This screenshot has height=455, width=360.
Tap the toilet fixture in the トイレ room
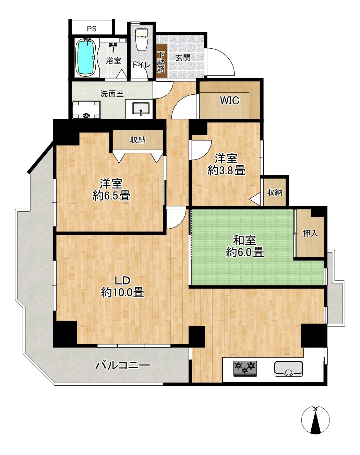tap(141, 39)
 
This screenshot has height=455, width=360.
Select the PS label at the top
tap(92, 28)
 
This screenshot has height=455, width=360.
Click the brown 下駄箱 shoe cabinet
tap(162, 61)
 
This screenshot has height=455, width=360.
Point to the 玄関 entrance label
tap(183, 58)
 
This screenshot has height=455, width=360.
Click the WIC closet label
tap(230, 101)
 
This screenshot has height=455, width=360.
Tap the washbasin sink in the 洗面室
tap(141, 109)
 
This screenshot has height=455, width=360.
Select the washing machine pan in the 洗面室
tap(86, 110)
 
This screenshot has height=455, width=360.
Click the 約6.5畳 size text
tap(111, 196)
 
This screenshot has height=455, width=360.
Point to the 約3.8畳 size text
tap(227, 171)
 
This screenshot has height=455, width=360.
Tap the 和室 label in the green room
tap(245, 240)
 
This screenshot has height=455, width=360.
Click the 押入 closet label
tap(310, 233)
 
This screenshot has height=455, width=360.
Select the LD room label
tap(122, 281)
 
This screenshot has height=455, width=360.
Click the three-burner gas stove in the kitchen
tap(245, 369)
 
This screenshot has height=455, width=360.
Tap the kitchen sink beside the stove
tap(288, 369)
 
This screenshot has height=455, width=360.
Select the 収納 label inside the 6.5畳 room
tap(138, 140)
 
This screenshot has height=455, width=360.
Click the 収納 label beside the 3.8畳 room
tap(275, 192)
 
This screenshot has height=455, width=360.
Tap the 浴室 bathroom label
tap(114, 61)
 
